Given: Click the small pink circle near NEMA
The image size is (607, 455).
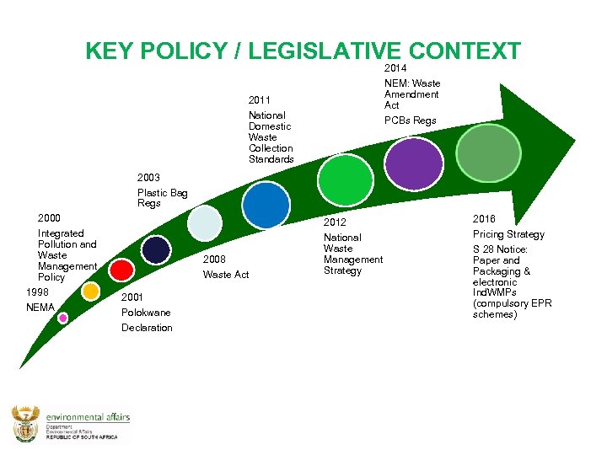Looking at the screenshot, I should pos(62,318).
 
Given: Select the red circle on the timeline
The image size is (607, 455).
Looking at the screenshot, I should pos(122,270).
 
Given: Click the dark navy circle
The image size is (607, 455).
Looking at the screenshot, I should pos(156,249).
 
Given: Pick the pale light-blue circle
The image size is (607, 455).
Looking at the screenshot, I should pos(204,222).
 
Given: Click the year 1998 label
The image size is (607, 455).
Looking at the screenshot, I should pos(38,292).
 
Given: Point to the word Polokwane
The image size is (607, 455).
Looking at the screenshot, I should pos(146,313).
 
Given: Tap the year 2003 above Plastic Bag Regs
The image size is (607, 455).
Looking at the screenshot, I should pos(149,178).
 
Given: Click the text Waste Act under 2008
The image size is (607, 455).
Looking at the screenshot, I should pos(226,275).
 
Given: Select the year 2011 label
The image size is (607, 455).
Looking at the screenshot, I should pos(260,99).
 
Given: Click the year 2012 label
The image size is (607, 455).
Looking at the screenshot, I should pos(336,222).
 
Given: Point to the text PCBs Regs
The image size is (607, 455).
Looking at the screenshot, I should pos(411,120).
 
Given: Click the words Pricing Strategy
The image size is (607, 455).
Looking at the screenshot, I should pos(508,234).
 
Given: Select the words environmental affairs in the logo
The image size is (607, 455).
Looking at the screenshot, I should pos(88,417).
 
